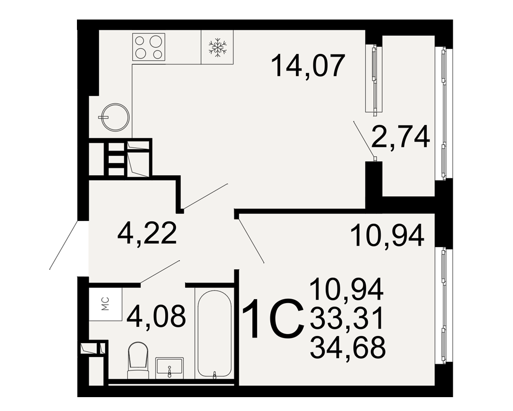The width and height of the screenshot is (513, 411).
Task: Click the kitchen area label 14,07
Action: (x=308, y=66)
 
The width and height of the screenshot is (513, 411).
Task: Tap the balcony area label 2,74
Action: (x=401, y=137)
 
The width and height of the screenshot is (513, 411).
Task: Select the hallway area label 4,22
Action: (x=147, y=233)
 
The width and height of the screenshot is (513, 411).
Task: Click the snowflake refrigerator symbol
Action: (x=217, y=48)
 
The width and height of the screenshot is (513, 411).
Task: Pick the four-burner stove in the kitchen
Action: (x=149, y=47)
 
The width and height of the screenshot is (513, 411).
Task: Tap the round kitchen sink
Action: (x=115, y=117)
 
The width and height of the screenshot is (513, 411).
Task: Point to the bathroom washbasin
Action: (x=169, y=367)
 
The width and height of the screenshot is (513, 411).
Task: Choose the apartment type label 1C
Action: (x=272, y=319)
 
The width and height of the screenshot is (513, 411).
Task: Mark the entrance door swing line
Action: (x=64, y=245)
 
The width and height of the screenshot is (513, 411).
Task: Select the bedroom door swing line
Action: (x=251, y=241)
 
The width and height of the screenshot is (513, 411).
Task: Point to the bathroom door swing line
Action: (x=160, y=271)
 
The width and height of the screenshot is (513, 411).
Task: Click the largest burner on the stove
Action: (x=155, y=41)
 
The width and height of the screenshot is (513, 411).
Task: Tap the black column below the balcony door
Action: (x=373, y=179)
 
